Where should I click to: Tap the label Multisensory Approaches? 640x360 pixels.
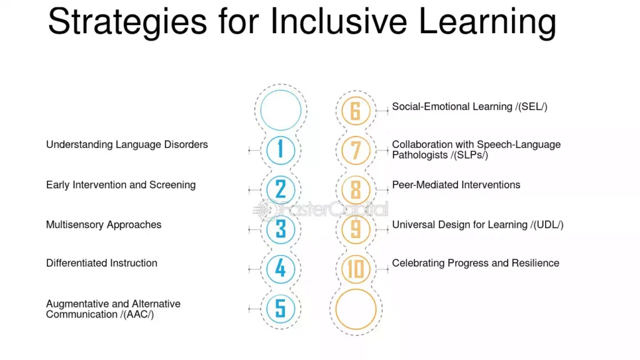104,225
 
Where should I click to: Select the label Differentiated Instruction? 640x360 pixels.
102,263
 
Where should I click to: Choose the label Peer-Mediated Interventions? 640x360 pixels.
456,185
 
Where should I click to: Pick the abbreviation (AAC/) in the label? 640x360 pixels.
139,315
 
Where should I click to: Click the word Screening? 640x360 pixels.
172,185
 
